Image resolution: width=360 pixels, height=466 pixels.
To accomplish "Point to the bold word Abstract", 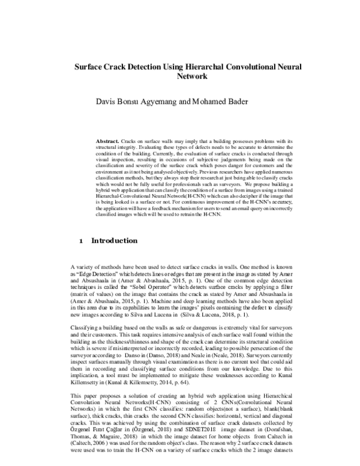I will pyautogui.click(x=107, y=140).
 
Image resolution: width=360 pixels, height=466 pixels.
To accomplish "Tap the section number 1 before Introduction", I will pyautogui.click(x=81, y=241).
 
